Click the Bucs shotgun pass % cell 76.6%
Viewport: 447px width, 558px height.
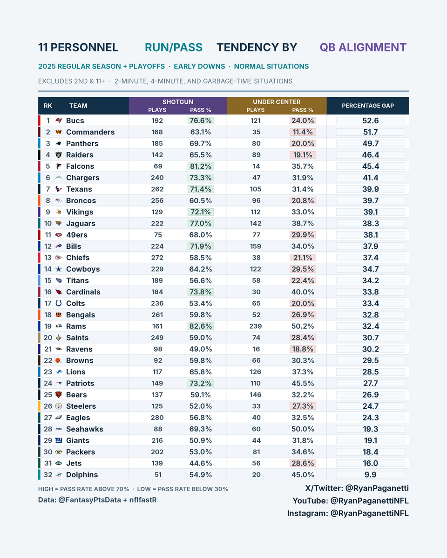pos(201,120)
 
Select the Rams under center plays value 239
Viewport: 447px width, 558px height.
pos(256,326)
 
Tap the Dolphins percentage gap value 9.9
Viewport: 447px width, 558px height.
pos(370,475)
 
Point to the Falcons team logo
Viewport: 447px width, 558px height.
pos(59,166)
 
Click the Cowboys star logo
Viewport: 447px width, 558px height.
pos(59,269)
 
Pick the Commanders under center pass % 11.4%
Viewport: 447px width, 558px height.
pos(303,132)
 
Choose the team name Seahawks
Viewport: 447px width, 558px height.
pos(85,429)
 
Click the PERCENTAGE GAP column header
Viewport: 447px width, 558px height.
pos(368,106)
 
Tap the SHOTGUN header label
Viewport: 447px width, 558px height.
pos(178,102)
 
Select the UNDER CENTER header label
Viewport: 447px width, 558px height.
pos(277,102)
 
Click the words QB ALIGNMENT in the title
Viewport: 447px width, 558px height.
pos(363,47)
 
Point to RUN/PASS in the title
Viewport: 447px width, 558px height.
pos(174,47)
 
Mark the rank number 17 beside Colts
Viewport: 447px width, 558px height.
pos(48,303)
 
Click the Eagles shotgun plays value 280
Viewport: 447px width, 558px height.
pos(157,418)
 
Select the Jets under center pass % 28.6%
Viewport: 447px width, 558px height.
pos(303,463)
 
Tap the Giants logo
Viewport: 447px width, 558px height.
pos(59,440)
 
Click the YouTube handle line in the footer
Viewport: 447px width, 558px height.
pos(351,501)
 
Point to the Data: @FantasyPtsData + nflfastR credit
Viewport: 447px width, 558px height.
pos(97,500)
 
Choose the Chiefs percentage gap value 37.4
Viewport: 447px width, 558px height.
pos(370,258)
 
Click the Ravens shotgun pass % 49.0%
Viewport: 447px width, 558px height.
pos(201,349)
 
